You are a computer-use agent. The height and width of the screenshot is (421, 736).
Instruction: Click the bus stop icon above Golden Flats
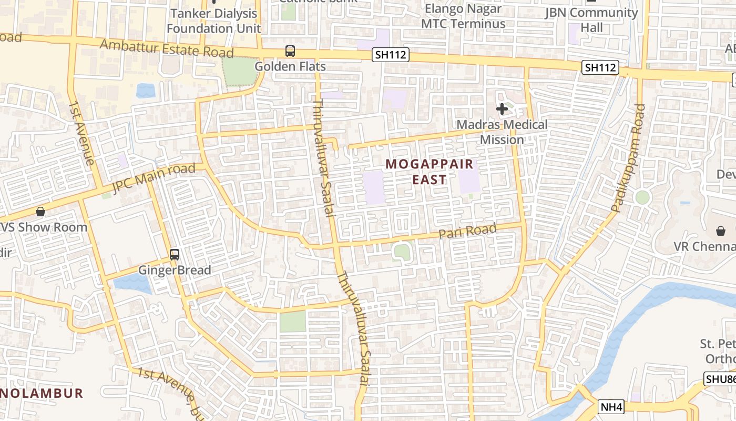(290, 51)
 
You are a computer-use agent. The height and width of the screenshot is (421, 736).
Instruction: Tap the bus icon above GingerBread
(175, 255)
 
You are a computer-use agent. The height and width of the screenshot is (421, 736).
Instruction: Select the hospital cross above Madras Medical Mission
(502, 109)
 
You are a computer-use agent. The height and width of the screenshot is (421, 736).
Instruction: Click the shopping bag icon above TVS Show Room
(40, 212)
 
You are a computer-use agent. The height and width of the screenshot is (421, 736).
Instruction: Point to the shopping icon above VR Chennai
(721, 231)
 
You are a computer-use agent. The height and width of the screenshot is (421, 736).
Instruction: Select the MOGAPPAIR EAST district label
(430, 172)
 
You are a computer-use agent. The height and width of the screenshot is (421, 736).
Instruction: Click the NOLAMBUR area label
(42, 393)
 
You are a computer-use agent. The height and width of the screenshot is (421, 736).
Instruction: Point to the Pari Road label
(467, 231)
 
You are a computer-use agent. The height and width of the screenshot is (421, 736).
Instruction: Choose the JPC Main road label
(154, 178)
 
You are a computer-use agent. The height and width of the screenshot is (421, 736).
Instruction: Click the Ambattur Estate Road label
(166, 48)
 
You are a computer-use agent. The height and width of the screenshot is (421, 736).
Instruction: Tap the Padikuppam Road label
(626, 158)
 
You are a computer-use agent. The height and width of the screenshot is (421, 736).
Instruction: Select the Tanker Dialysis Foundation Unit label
(213, 21)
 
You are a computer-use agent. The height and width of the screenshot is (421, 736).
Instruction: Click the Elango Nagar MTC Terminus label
(463, 16)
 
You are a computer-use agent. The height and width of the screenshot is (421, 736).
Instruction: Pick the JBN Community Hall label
(591, 20)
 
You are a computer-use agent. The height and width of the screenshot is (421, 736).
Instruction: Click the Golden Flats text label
(290, 67)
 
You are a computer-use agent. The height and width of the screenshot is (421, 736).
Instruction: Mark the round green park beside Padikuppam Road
(642, 197)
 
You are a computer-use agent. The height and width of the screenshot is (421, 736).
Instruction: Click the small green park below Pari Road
(402, 252)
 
